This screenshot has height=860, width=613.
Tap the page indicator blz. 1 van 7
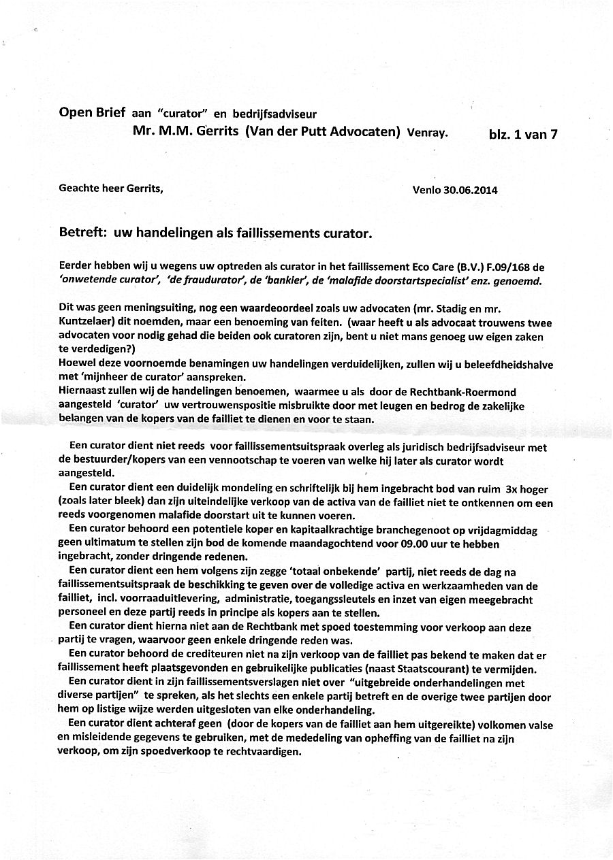523,134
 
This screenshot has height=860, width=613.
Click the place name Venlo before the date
428,190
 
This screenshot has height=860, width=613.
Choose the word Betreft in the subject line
82,233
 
